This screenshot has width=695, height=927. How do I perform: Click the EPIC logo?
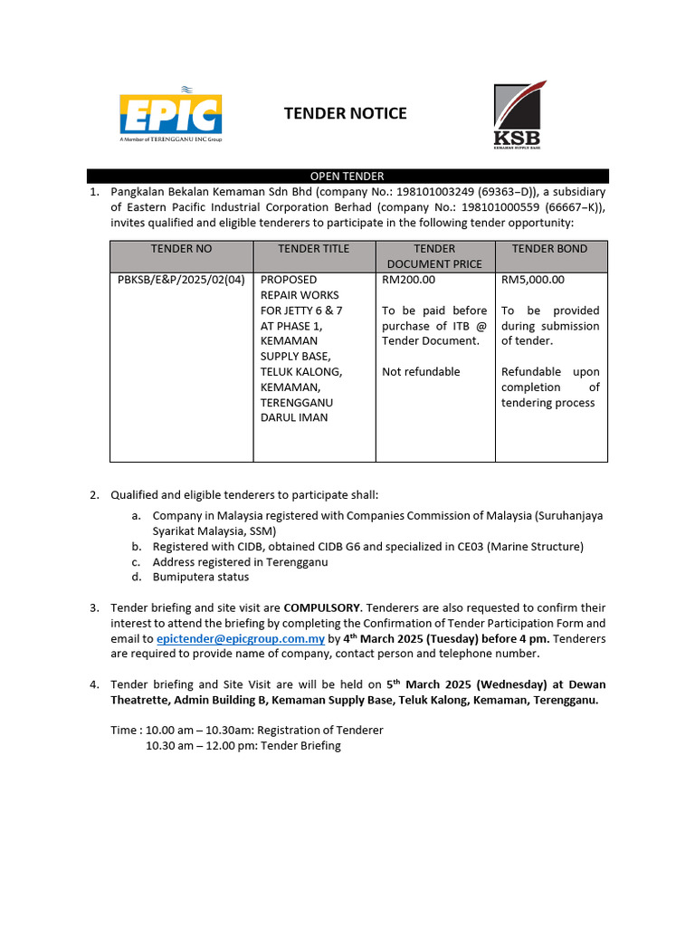tap(170, 112)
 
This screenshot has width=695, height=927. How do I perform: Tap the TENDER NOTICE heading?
tap(346, 113)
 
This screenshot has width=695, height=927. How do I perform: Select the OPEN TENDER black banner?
tap(347, 177)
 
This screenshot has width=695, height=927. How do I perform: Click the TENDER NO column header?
tap(181, 249)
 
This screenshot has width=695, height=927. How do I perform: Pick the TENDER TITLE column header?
tap(313, 249)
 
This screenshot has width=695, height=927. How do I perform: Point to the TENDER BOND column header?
tap(549, 249)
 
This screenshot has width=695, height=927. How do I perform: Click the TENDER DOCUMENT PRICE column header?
tap(434, 256)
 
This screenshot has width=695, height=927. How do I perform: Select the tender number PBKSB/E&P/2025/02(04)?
tap(181, 280)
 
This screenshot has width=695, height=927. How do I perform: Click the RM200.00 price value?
tap(408, 280)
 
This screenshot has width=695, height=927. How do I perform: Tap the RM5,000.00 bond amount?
tap(533, 280)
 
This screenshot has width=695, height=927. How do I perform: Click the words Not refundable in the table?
tap(421, 372)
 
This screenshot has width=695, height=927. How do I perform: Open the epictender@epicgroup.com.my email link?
tap(241, 639)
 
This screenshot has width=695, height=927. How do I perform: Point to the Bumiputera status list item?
tap(201, 577)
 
